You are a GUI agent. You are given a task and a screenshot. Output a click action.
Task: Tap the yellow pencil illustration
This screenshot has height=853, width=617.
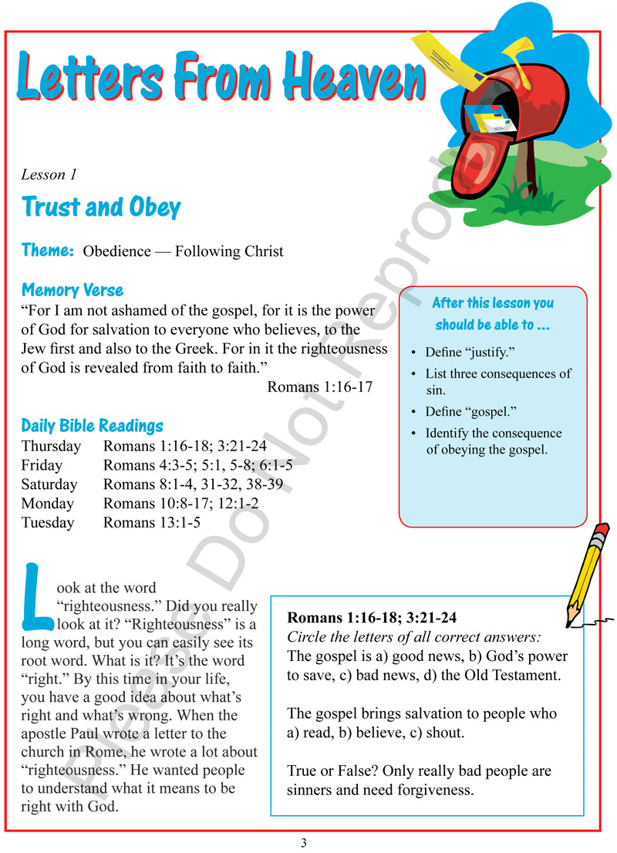tap(588, 571)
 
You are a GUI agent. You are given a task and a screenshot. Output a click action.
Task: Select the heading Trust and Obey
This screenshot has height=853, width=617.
tap(101, 207)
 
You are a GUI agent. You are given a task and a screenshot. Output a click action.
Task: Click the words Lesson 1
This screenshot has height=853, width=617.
tap(44, 174)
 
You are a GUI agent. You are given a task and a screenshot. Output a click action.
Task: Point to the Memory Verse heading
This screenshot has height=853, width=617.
tap(72, 291)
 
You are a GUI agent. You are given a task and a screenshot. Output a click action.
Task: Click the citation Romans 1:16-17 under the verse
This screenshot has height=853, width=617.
tap(319, 386)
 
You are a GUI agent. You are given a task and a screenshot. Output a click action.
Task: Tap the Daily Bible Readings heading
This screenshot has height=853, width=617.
tap(93, 426)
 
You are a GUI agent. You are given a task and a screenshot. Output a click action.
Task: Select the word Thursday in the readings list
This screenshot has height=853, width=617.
tap(51, 446)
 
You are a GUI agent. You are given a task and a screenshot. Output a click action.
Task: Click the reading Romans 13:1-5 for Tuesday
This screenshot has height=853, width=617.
tap(152, 523)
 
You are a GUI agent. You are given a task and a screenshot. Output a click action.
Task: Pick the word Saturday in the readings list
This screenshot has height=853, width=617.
tap(49, 484)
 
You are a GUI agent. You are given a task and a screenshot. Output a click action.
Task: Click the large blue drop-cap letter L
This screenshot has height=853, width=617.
tap(37, 595)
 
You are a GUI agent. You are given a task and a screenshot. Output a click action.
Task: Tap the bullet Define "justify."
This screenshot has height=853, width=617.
tap(470, 352)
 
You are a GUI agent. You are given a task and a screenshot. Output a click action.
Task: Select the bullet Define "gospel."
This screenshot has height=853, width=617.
tap(470, 411)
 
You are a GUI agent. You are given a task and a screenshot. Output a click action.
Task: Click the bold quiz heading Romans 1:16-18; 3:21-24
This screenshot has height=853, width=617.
tap(373, 618)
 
